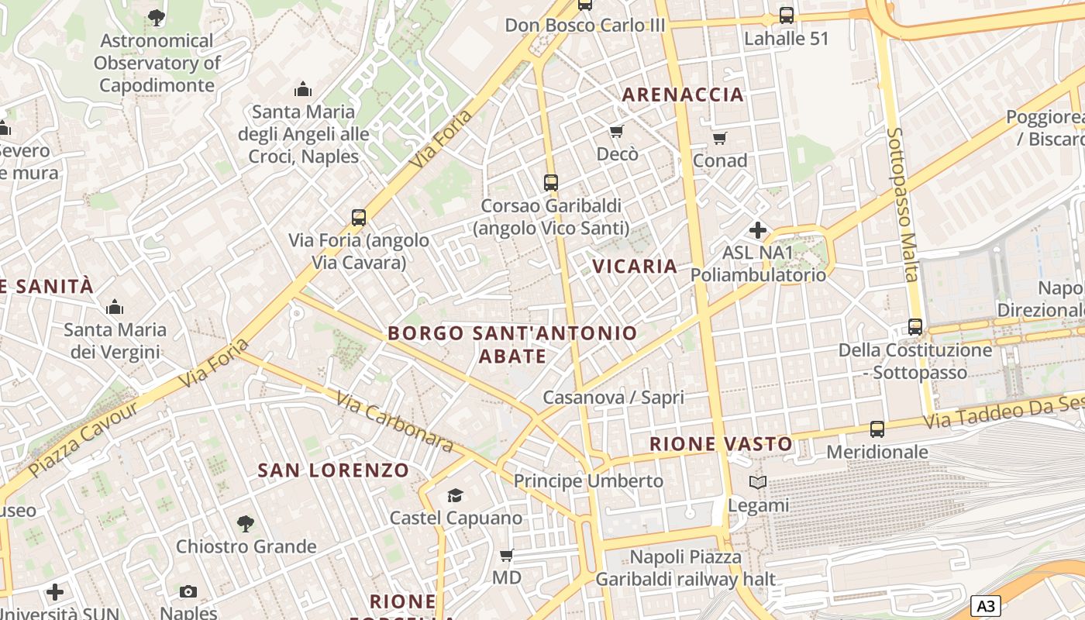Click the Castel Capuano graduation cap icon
click(x=455, y=495)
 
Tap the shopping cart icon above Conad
click(x=720, y=139)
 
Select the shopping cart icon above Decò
click(x=617, y=131)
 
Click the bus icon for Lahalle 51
click(x=787, y=15)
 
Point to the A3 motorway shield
click(x=985, y=606)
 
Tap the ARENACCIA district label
click(x=683, y=95)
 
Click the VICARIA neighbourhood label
click(x=635, y=266)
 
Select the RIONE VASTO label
click(x=721, y=444)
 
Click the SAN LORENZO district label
click(x=333, y=470)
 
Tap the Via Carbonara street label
click(x=394, y=421)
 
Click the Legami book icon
click(x=758, y=483)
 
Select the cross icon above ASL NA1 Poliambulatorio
click(x=758, y=230)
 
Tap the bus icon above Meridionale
click(x=877, y=429)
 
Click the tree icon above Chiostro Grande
click(x=246, y=524)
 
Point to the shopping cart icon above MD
click(x=507, y=555)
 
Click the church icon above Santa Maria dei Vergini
click(x=115, y=307)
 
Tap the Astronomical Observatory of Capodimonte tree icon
click(x=157, y=17)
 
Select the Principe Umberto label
click(x=588, y=480)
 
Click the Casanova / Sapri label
click(x=613, y=398)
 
